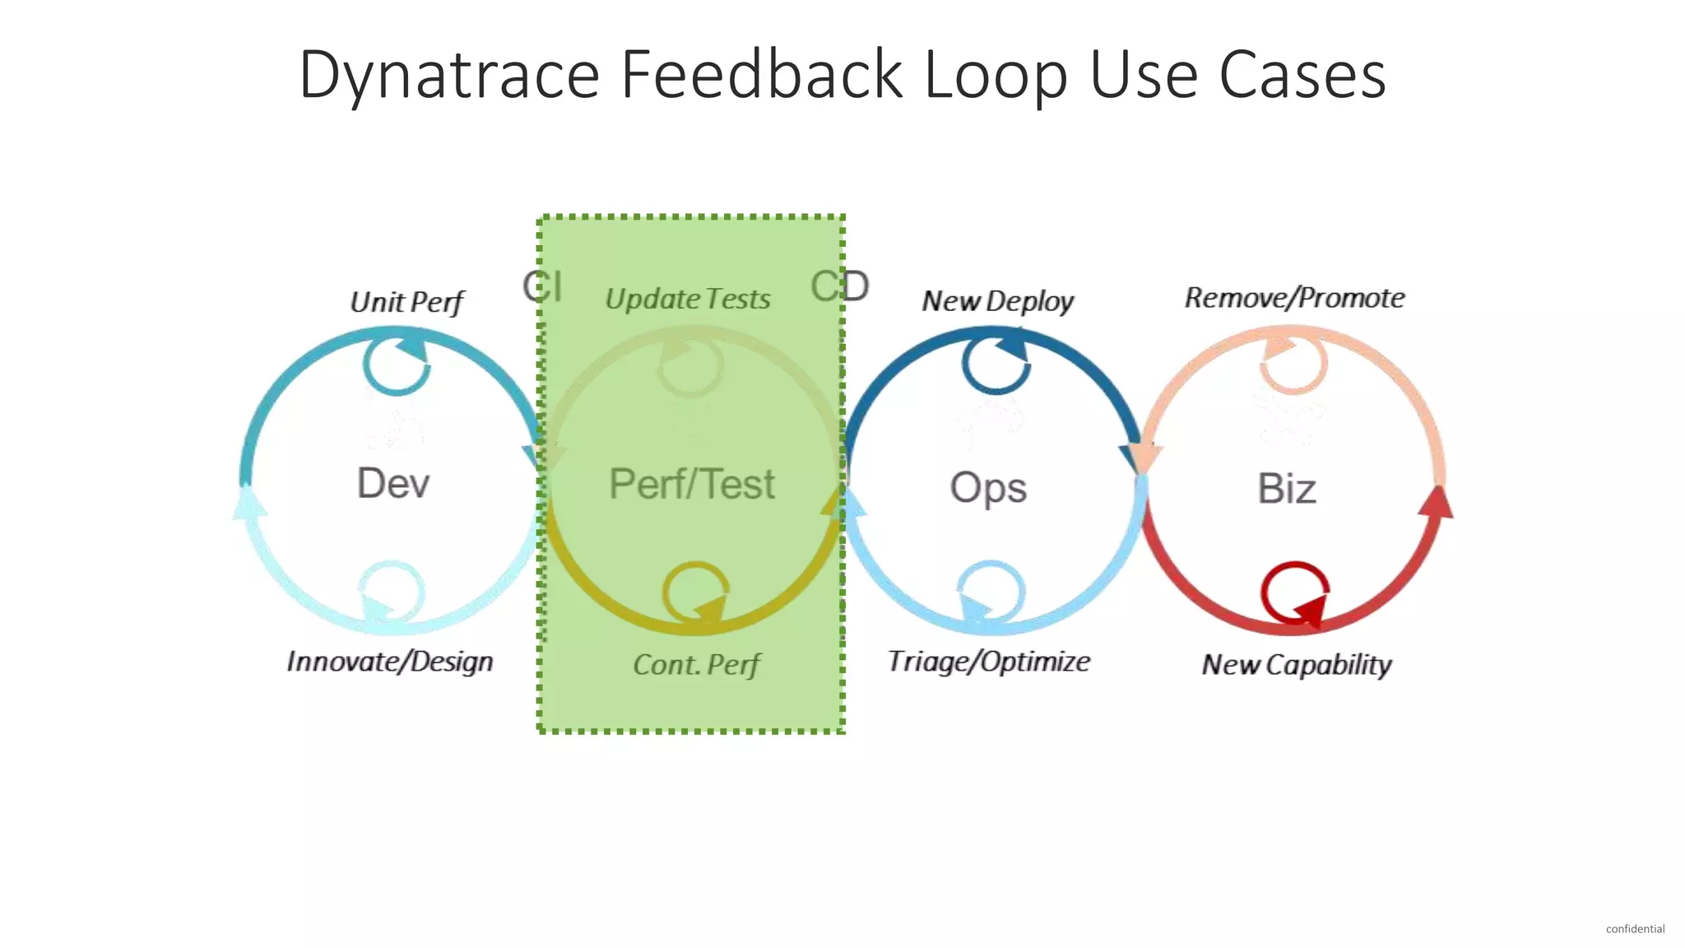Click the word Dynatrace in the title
point(448,75)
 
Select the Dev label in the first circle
point(393,483)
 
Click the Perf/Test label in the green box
point(691,484)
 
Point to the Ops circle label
point(988,487)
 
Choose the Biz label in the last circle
point(1287,489)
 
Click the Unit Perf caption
point(406,302)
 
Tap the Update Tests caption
point(688,299)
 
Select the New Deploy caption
point(997,301)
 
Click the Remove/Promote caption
point(1294,298)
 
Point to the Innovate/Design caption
point(389,662)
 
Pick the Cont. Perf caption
point(696,665)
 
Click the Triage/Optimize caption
point(988,662)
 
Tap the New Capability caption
point(1296,665)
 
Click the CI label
point(542,286)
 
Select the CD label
point(839,286)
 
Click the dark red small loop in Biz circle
point(1294,592)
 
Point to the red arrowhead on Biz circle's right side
point(1437,502)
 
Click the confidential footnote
point(1635,929)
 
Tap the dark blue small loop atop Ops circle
point(996,362)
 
